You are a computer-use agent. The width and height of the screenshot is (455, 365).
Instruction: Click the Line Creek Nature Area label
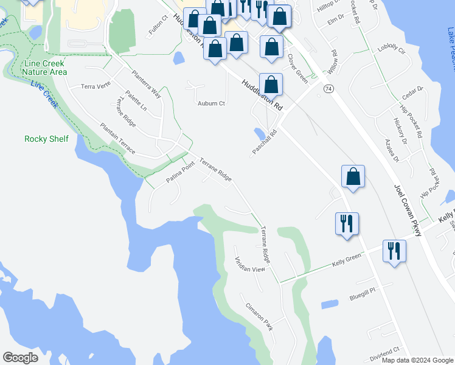[x=44, y=68]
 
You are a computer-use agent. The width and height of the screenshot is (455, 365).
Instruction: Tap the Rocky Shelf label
[x=46, y=139]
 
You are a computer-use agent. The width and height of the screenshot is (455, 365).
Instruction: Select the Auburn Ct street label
[x=211, y=103]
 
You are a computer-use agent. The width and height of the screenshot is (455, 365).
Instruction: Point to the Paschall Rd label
[x=265, y=142]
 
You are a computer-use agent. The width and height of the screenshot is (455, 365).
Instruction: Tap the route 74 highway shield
[x=328, y=89]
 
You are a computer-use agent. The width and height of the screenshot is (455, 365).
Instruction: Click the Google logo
[x=20, y=358]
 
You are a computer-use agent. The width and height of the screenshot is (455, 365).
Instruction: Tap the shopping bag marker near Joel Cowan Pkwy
[x=353, y=177]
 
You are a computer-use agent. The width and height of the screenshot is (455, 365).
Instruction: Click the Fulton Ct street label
[x=157, y=27]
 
